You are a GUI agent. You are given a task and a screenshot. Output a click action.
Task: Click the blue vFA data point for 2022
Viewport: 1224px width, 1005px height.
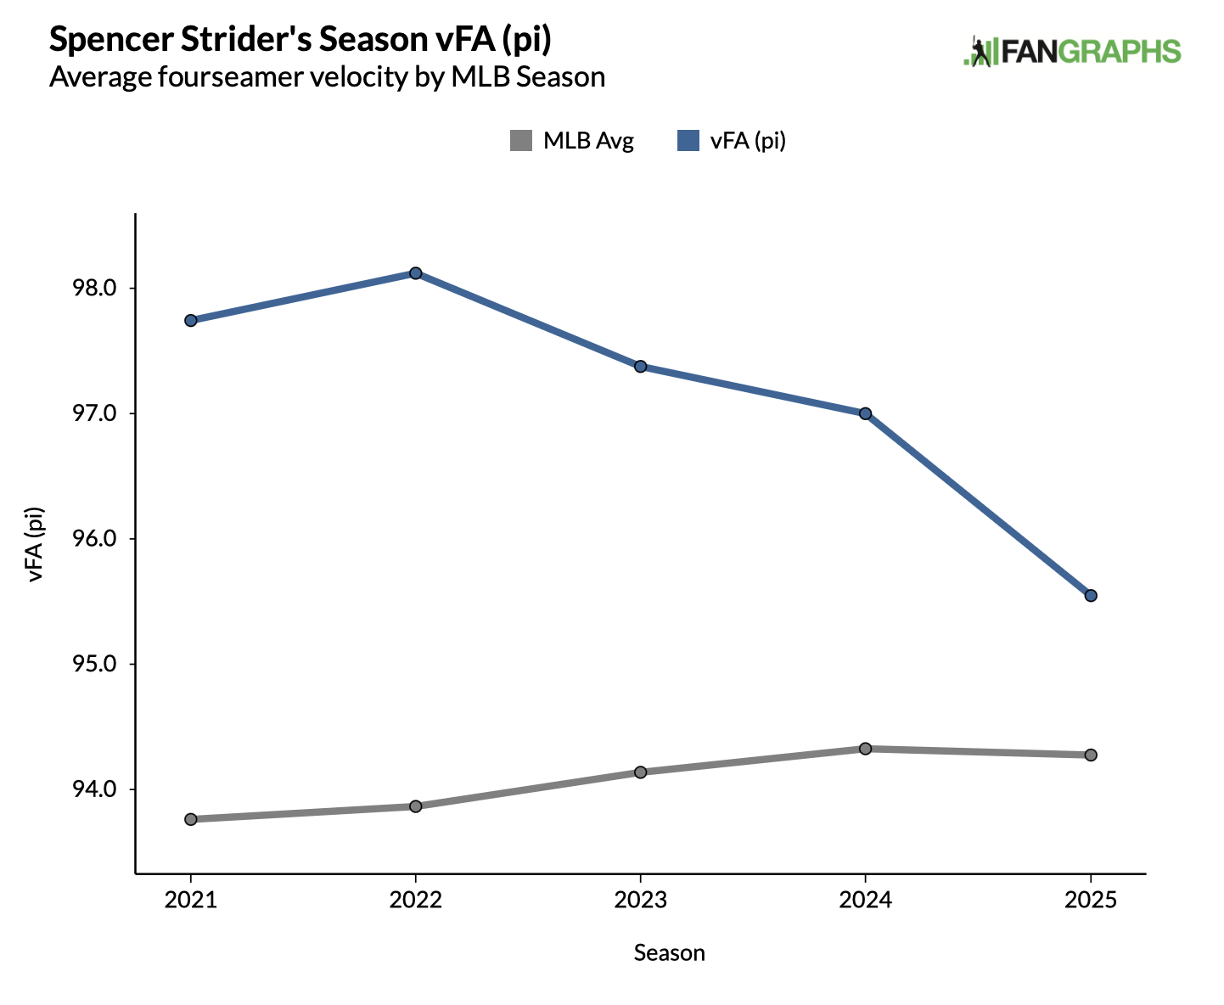coord(416,273)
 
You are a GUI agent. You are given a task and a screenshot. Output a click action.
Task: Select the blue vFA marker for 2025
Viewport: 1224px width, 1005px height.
coord(1091,596)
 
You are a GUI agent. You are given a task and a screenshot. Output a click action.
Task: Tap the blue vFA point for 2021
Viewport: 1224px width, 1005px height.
coord(191,321)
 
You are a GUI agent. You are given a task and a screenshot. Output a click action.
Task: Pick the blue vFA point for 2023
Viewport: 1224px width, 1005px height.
coord(641,367)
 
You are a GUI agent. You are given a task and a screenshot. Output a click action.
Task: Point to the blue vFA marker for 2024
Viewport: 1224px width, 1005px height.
coord(865,414)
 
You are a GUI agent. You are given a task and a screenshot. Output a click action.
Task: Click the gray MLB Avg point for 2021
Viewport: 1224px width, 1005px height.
coord(191,819)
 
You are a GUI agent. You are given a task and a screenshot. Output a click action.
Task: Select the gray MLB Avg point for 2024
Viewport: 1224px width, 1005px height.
coord(865,749)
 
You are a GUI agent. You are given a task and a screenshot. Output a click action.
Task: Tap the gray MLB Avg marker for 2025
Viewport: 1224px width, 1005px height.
coord(1091,755)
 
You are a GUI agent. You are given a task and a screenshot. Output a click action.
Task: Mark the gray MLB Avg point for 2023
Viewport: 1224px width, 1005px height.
coord(641,772)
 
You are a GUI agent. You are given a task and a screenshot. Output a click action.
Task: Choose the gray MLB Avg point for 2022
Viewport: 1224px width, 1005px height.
coord(416,806)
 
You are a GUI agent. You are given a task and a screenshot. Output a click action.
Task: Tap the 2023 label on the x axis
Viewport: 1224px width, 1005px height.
coord(641,900)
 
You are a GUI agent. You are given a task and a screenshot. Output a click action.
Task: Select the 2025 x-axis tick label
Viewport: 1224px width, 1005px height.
coord(1091,900)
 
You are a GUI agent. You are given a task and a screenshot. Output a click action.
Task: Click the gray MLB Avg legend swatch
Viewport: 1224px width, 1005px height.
coord(520,141)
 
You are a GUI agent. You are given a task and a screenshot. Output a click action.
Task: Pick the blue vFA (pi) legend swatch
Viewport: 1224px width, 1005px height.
coord(688,141)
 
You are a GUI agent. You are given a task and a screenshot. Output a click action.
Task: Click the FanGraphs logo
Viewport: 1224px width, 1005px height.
coord(1072,52)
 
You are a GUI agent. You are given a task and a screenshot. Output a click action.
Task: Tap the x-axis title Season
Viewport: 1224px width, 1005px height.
coord(669,953)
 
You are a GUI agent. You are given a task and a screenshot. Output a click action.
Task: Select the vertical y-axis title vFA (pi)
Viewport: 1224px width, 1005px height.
coord(36,544)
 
